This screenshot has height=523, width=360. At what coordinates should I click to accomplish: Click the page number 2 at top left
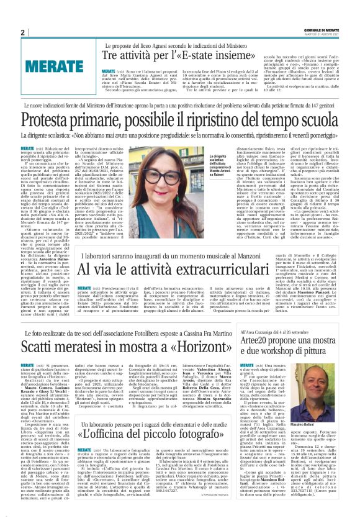click(x=23, y=32)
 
